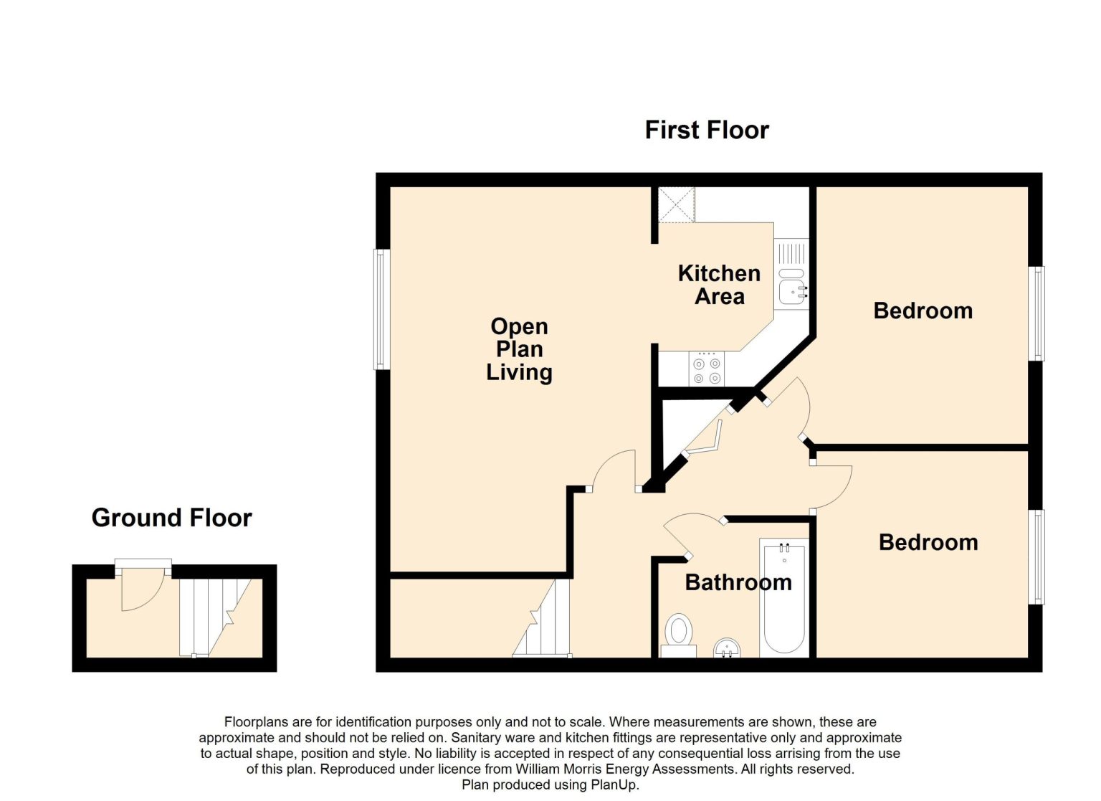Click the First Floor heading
tap(707, 131)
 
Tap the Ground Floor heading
tap(171, 518)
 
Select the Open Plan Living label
tap(519, 349)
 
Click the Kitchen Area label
tap(719, 285)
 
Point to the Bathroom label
tap(738, 583)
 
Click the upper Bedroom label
tap(923, 311)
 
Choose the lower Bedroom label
tap(928, 542)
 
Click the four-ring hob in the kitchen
tap(706, 369)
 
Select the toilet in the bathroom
tap(678, 635)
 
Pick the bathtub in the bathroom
tap(784, 597)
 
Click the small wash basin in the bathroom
tap(727, 648)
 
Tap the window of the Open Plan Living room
tap(381, 309)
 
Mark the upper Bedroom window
tap(1036, 313)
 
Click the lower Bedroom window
tap(1036, 557)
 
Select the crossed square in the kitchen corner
tap(677, 204)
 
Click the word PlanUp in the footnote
tap(616, 785)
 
